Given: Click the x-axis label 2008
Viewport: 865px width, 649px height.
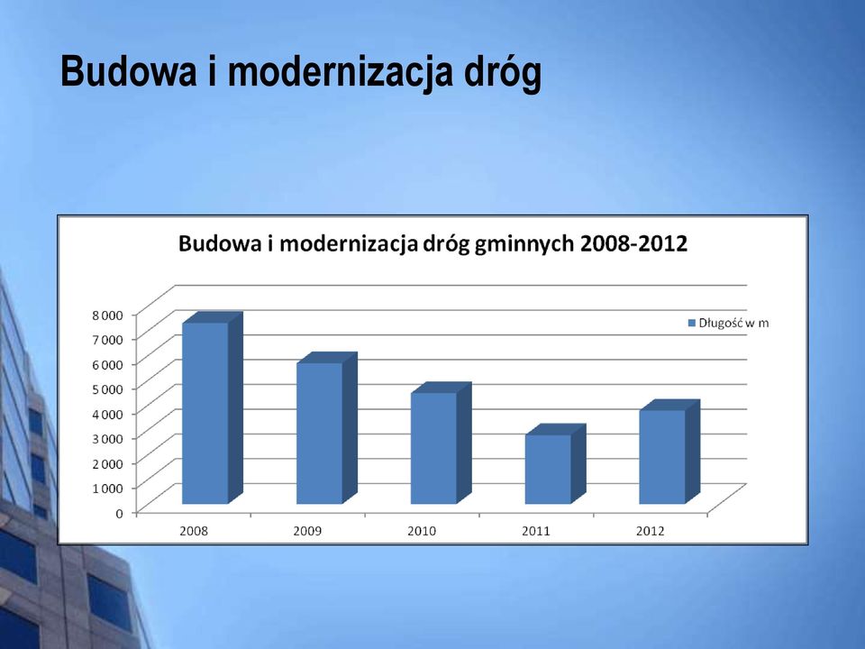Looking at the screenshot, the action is (194, 531).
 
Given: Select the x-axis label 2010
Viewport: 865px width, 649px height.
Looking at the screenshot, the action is (422, 531).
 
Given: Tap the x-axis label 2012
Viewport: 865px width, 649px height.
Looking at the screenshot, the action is (650, 531).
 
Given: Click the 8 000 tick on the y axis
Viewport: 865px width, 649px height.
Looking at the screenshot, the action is (107, 315).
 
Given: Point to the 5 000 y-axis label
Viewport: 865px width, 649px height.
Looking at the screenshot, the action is (107, 389).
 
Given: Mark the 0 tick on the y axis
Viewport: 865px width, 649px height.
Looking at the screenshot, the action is (119, 513).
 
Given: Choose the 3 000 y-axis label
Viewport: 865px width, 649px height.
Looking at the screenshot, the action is (107, 439).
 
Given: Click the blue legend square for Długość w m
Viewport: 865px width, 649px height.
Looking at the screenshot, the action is (692, 324).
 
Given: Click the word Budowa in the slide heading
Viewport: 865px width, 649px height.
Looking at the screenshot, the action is (128, 71).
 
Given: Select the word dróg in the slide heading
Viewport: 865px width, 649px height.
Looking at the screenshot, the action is (503, 73).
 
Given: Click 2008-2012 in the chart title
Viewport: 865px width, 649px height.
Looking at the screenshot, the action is (633, 243).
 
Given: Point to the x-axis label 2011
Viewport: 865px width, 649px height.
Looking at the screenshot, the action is (536, 531).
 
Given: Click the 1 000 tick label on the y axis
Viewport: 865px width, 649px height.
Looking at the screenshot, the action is (107, 489).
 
